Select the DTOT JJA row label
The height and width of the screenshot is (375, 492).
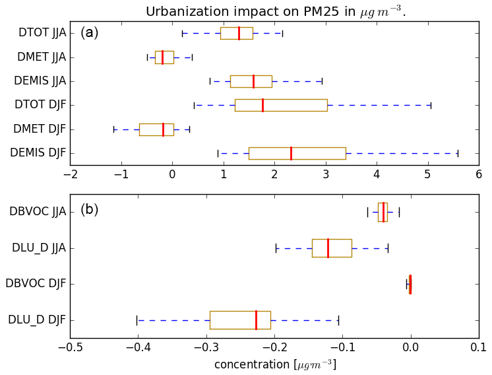42,33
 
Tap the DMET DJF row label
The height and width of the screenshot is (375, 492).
40,129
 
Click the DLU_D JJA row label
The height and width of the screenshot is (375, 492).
39,248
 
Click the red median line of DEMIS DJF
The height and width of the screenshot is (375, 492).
291,153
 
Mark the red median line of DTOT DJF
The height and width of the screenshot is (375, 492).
262,105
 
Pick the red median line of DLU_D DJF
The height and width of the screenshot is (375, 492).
256,320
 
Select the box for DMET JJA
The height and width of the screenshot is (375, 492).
164,57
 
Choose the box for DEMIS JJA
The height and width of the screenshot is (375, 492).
251,81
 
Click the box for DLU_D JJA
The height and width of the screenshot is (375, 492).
332,248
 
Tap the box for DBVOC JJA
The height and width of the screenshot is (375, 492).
383,212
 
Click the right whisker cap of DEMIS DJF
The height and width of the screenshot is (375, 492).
458,153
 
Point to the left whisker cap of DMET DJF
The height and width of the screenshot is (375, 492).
113,129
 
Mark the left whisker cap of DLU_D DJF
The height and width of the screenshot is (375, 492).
137,320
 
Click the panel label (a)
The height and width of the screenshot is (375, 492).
90,32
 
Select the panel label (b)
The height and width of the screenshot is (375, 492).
90,210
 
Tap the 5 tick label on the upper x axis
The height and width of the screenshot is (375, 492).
427,174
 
